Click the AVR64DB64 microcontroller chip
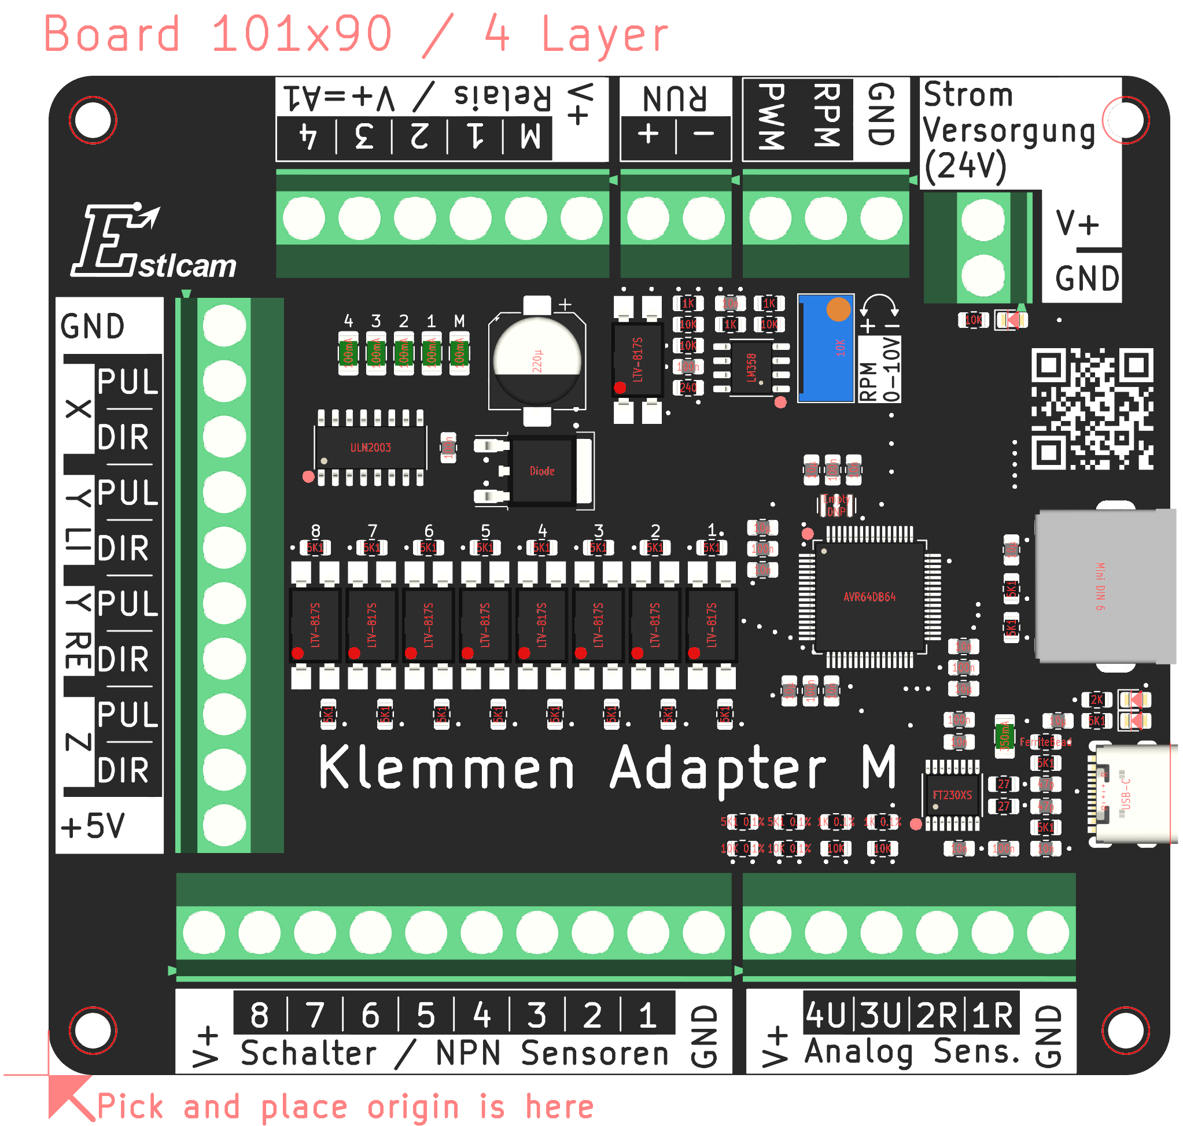[868, 597]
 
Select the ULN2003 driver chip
[370, 448]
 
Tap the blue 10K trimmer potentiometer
[825, 348]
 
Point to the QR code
[1091, 409]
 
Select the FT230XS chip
[952, 795]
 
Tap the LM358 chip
[751, 367]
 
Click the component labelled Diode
[541, 471]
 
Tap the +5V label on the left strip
[93, 826]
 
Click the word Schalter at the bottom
[308, 1053]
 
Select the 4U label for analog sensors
[824, 1015]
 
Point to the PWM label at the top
[771, 117]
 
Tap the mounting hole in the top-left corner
[93, 120]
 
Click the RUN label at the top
[674, 98]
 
